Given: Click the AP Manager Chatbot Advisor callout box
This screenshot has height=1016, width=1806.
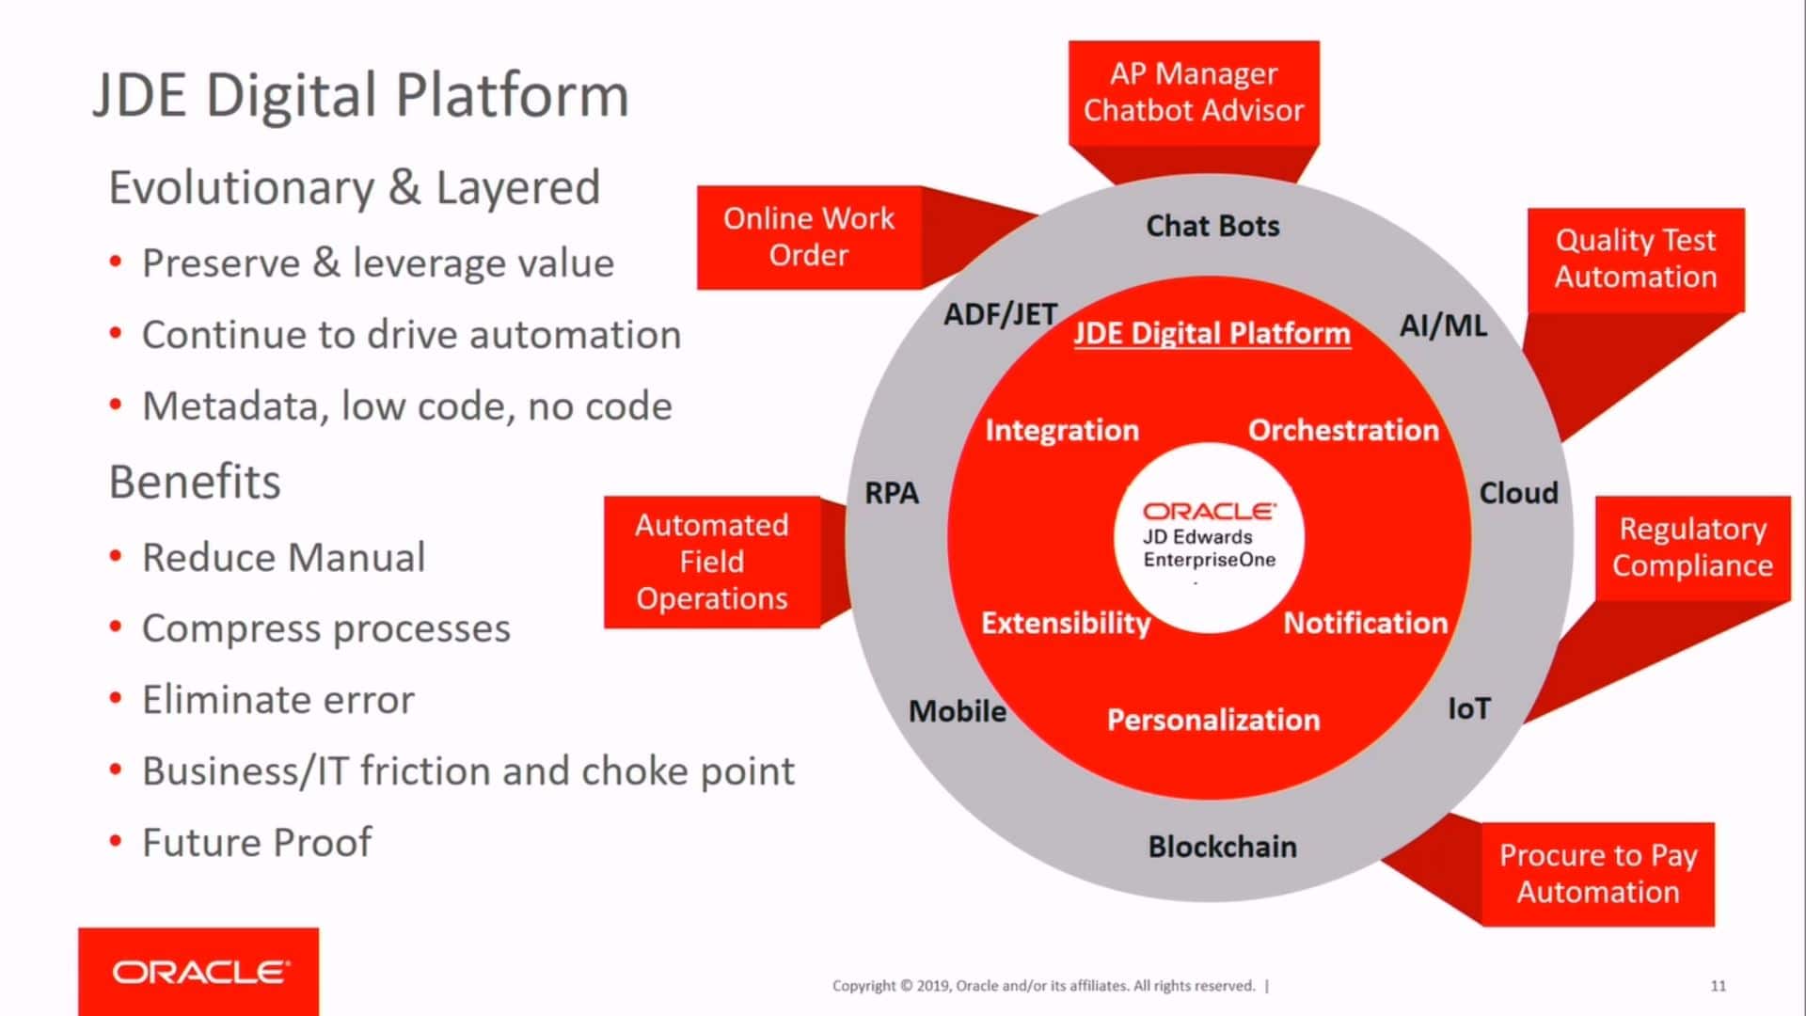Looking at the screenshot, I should (1193, 92).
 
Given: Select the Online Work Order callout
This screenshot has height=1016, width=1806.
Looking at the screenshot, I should (808, 237).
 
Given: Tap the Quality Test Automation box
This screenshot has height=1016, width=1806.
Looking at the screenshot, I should (1635, 259).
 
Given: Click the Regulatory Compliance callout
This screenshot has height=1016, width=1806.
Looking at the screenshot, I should (1691, 548).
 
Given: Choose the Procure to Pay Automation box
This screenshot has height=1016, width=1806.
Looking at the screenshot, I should (1597, 874).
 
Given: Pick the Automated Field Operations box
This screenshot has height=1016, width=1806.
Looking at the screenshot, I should (711, 562).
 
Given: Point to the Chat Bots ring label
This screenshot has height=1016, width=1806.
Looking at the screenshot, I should (1212, 227).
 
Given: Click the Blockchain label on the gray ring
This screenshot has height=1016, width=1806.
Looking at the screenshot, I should (1222, 847).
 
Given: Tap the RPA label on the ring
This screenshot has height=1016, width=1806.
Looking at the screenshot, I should (891, 493).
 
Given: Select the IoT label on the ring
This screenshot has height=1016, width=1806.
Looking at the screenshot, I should (1468, 708).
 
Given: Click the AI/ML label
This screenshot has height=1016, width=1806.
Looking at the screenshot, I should (1443, 326).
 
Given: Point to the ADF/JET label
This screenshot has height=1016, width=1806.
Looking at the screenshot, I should (1000, 315).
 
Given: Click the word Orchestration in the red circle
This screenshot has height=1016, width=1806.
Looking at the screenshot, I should (1343, 430).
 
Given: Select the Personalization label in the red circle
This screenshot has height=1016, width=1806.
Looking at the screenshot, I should (1212, 720).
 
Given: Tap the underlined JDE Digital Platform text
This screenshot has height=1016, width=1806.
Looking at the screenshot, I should (1212, 334).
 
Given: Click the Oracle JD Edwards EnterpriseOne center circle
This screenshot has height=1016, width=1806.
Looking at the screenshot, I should (1209, 537).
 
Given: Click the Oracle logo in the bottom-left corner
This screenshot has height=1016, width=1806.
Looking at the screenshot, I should (199, 972).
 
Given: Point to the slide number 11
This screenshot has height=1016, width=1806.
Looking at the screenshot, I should (1718, 986).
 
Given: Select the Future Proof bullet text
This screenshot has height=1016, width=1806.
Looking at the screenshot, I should (256, 843).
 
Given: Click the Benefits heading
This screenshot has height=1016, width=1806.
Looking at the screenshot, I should (195, 483).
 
